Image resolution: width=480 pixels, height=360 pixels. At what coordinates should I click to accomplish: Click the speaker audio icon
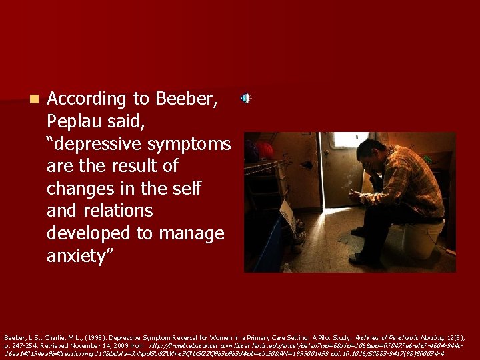pyautogui.click(x=246, y=99)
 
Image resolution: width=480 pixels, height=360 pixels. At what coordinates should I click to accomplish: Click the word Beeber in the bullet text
pyautogui.click(x=187, y=99)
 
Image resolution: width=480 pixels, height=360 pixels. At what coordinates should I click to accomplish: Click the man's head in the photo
pyautogui.click(x=371, y=152)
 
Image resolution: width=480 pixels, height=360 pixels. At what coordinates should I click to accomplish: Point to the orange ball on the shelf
pyautogui.click(x=265, y=151)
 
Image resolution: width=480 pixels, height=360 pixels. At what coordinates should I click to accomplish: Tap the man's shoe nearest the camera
pyautogui.click(x=363, y=260)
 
